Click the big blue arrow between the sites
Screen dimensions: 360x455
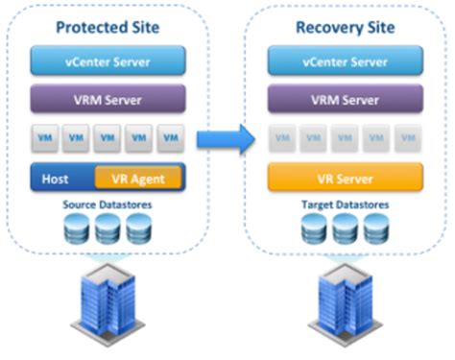point(223,140)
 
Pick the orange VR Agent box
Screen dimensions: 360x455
point(138,179)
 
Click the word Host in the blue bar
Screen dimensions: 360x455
point(57,179)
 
